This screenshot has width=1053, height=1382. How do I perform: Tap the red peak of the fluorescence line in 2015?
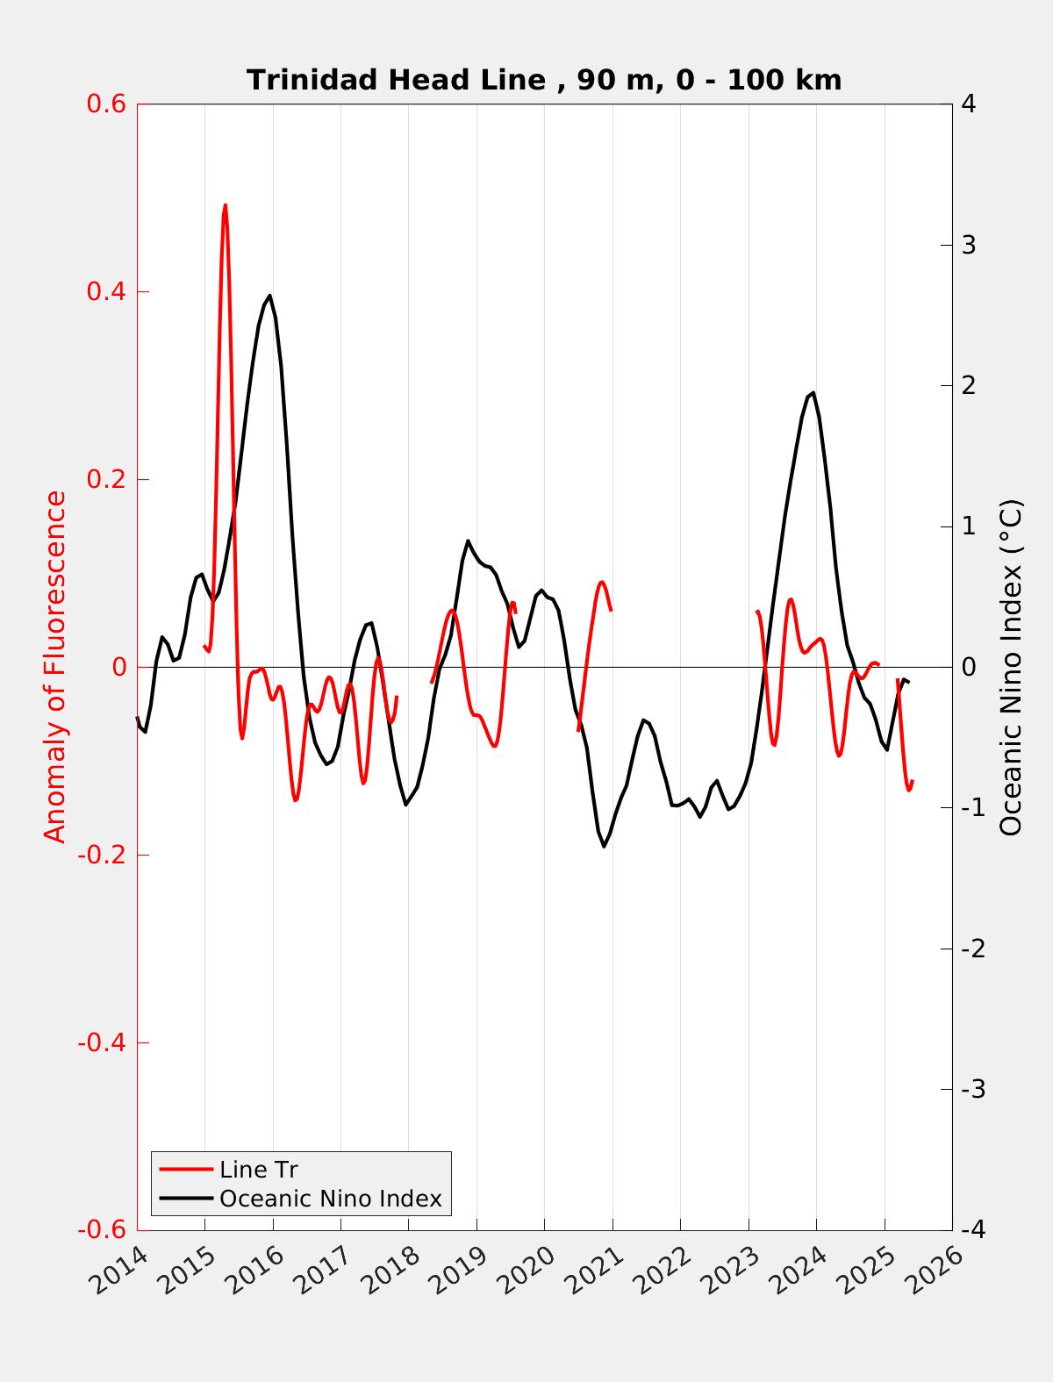(226, 205)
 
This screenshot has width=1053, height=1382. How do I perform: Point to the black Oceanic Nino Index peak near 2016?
(269, 296)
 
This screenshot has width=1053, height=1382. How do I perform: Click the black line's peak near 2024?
(813, 392)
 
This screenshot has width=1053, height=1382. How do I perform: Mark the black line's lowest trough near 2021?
(604, 846)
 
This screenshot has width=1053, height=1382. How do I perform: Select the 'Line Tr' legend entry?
(259, 1170)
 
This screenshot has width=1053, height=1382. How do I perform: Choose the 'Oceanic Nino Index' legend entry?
(330, 1199)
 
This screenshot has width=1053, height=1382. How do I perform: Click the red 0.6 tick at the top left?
(105, 104)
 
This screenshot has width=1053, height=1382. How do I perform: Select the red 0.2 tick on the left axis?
(105, 479)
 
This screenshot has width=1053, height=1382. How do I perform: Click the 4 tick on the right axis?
(969, 104)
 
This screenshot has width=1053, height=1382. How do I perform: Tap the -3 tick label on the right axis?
(972, 1089)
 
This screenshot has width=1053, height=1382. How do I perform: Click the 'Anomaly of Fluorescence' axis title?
(54, 667)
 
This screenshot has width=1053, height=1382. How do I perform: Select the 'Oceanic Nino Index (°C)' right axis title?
(1011, 667)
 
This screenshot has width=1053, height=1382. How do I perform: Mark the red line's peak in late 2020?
(602, 582)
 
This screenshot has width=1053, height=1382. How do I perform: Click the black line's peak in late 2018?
(468, 541)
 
